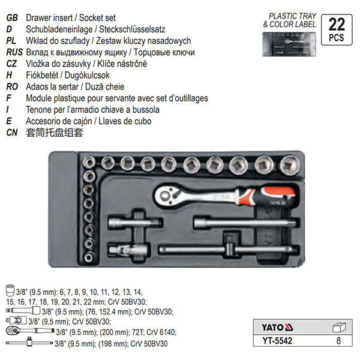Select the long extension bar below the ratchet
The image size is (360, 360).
(231, 223)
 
